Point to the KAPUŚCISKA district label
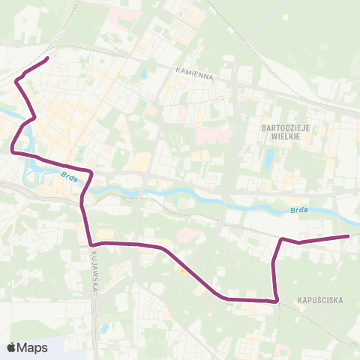pos(319,300)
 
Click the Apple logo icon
pos(11,347)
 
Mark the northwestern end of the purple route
pos(48,58)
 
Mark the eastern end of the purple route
pos(349,236)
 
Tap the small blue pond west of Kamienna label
pos(143,75)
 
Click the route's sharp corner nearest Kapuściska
pos(277,300)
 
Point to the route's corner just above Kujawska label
pos(90,244)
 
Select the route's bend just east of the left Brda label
pos(91,172)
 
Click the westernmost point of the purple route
pos(12,151)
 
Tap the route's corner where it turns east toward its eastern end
pos(282,239)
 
